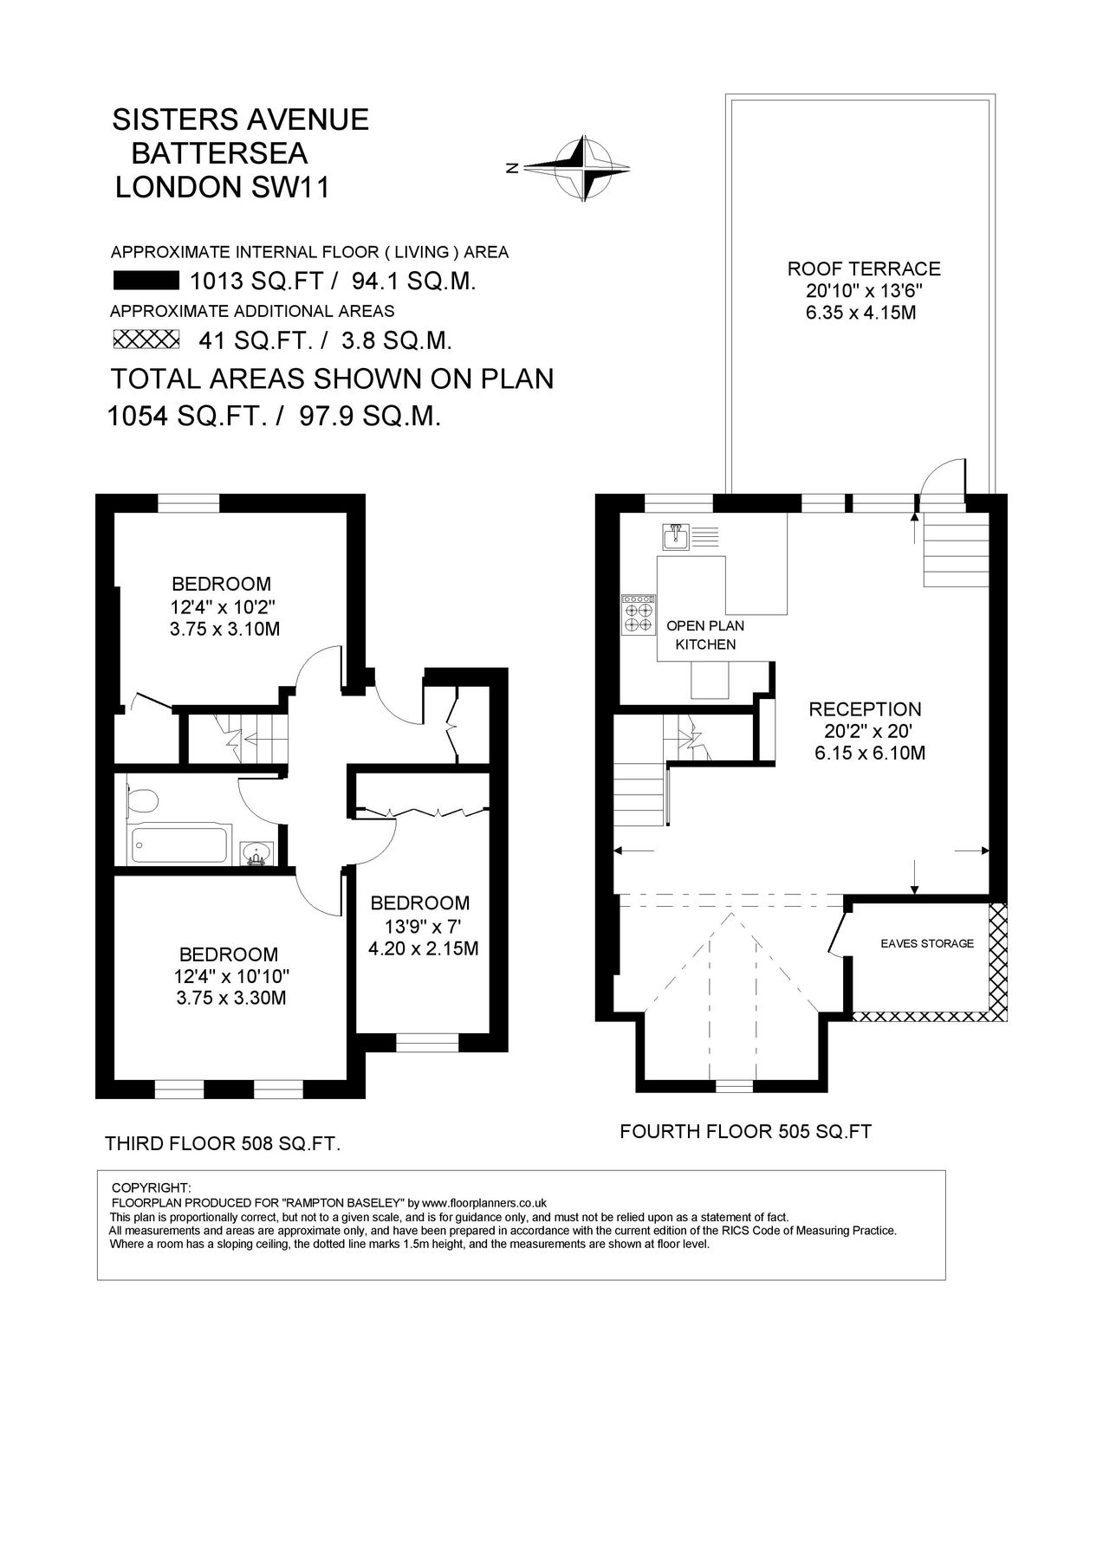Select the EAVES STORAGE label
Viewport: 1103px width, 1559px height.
click(x=926, y=943)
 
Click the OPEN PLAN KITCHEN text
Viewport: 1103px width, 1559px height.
click(x=705, y=635)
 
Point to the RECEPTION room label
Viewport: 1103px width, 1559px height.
click(x=865, y=709)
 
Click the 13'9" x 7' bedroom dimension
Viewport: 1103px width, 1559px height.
click(x=419, y=925)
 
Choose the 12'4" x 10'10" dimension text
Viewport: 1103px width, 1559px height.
click(x=230, y=976)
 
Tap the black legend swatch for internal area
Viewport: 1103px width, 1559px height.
click(x=145, y=281)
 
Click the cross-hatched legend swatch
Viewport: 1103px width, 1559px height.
click(x=145, y=339)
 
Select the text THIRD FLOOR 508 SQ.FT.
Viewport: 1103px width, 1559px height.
click(x=222, y=1144)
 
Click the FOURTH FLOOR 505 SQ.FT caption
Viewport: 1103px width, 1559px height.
click(x=745, y=1131)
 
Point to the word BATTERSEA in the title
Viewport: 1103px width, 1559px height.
click(x=219, y=153)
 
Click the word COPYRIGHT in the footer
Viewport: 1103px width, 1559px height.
click(x=152, y=1187)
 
